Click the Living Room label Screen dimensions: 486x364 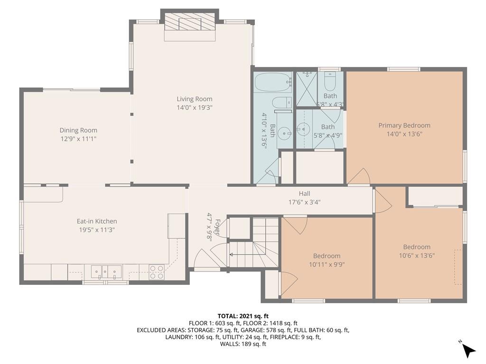tap(194, 99)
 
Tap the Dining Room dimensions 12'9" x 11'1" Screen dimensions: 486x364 tap(78, 139)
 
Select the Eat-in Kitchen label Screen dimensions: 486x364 tap(97, 221)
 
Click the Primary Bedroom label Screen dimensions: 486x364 tap(404, 125)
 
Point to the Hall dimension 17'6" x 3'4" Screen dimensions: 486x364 tap(304, 202)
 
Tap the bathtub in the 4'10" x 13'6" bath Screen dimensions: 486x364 tap(274, 82)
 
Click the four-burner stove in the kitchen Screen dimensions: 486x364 tap(157, 272)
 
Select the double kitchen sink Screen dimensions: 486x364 tap(106, 272)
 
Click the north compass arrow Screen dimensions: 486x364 tap(469, 351)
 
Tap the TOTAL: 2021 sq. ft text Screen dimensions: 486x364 tap(243, 316)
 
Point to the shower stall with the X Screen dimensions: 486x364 tap(307, 89)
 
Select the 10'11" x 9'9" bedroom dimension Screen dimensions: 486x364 tap(327, 264)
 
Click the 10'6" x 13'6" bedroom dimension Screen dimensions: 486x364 tap(417, 255)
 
